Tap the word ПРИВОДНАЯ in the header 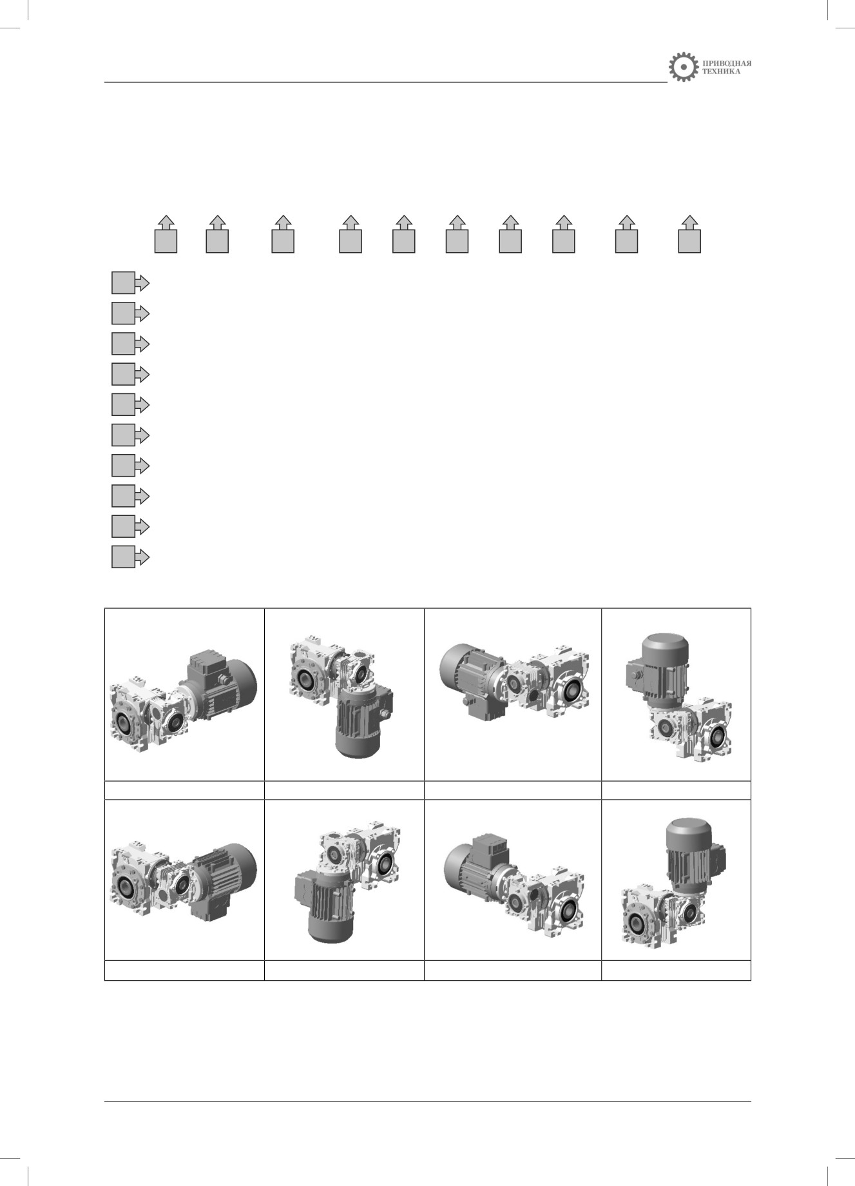click(x=727, y=63)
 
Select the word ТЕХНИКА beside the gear click(x=722, y=72)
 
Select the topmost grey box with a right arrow click(x=122, y=283)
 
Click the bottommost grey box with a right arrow click(x=122, y=557)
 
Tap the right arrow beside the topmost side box click(x=142, y=283)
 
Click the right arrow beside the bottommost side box click(x=142, y=557)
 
